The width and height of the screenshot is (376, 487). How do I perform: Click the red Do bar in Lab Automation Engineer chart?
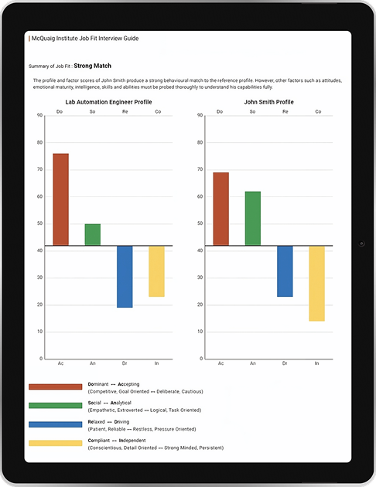[60, 199]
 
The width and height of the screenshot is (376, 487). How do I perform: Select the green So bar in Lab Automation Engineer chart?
[93, 235]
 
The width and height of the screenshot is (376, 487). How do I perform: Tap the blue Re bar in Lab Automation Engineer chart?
[125, 277]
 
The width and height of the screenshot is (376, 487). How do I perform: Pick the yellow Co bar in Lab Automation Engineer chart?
[156, 271]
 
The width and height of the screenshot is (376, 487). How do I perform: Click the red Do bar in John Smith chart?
[220, 209]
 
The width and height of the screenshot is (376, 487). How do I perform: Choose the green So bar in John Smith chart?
[253, 219]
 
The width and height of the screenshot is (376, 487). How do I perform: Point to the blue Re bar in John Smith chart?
[285, 271]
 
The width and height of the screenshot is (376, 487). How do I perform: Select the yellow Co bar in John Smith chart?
[316, 284]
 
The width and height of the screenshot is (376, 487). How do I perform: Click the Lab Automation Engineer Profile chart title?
[108, 101]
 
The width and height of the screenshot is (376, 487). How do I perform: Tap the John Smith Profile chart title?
[268, 101]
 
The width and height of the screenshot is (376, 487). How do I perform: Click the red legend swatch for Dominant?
[55, 387]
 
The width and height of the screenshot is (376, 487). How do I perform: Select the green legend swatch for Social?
[55, 405]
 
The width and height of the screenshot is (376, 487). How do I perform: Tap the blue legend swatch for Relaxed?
[55, 424]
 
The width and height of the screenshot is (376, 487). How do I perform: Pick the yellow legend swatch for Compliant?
[55, 443]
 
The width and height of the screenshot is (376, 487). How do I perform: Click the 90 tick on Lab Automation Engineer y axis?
[39, 115]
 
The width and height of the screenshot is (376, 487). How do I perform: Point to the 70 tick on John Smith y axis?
[200, 169]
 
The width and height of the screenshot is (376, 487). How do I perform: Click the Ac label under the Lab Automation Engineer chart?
[60, 363]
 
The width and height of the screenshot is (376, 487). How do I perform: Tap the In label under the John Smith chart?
[317, 363]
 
